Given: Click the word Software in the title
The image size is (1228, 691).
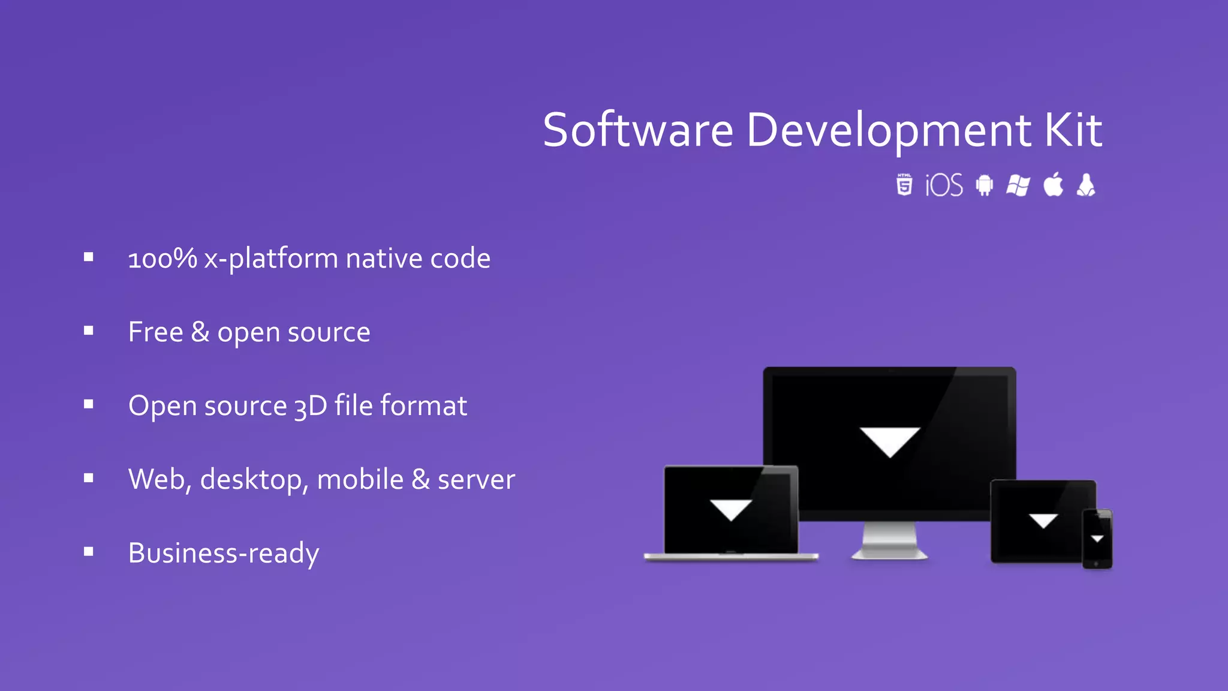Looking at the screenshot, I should coord(637,130).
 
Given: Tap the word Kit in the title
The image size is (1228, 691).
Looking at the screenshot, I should coord(1073,130).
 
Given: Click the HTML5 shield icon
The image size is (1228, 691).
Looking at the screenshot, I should coord(904,185).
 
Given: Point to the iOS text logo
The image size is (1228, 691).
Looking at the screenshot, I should coord(944,185).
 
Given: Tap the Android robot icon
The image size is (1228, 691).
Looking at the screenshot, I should coord(984,185).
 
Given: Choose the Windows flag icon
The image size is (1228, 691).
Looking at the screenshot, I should coord(1018,185).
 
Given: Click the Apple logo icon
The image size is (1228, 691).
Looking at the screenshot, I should coord(1053,184).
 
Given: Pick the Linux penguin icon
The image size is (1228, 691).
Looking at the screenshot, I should coord(1086,185).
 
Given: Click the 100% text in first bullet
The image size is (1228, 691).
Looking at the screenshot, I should coord(162,259).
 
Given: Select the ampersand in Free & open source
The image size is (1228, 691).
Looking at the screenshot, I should coord(200,332).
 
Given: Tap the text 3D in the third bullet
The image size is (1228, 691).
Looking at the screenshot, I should coord(310,406).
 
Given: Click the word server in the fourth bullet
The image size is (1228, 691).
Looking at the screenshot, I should coord(476,480).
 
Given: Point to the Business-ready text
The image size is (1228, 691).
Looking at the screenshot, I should coord(224,553).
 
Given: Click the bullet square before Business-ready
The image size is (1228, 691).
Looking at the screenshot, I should coord(89,552).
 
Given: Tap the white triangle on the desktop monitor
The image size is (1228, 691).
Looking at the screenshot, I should coord(890,440).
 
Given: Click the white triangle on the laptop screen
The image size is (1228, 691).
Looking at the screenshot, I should coord(730,509).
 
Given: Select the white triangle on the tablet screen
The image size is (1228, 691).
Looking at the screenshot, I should coord(1043,519).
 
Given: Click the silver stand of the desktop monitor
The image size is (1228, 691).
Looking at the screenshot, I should coord(889,540).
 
